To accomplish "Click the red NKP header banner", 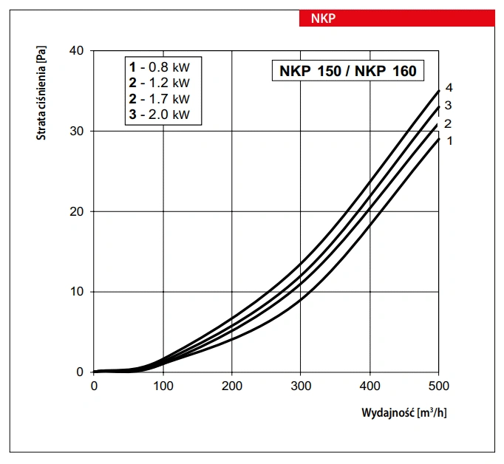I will pyautogui.click(x=397, y=18).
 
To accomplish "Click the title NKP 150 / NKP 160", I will pyautogui.click(x=347, y=72).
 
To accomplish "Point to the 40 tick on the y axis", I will pyautogui.click(x=77, y=50).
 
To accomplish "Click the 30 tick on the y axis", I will pyautogui.click(x=77, y=131).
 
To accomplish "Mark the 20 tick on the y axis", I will pyautogui.click(x=77, y=211).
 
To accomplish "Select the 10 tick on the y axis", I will pyautogui.click(x=77, y=292).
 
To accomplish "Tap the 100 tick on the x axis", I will pyautogui.click(x=163, y=386).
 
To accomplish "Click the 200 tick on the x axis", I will pyautogui.click(x=231, y=386).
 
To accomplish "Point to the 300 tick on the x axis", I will pyautogui.click(x=301, y=386).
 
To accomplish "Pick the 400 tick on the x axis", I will pyautogui.click(x=370, y=386).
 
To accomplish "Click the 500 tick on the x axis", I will pyautogui.click(x=438, y=386).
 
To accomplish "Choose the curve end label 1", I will pyautogui.click(x=449, y=140).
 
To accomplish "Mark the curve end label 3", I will pyautogui.click(x=448, y=106).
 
